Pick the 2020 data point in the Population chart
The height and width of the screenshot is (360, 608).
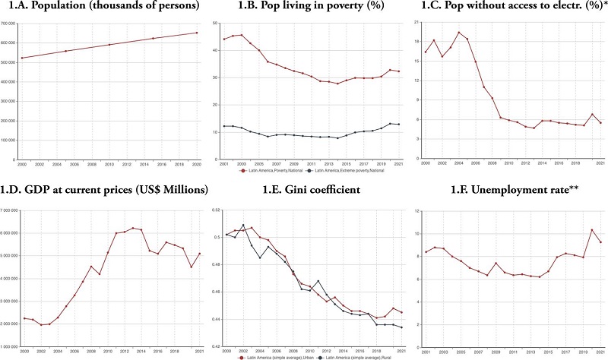[197, 33]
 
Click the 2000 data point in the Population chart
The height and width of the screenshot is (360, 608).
[21, 58]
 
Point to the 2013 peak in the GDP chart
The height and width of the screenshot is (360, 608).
[133, 228]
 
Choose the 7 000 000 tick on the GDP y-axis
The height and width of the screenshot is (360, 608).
[11, 210]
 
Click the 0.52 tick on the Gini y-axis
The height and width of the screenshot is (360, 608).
[215, 210]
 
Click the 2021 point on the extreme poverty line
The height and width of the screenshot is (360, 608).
[399, 125]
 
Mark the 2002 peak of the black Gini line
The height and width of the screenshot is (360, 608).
[243, 225]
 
